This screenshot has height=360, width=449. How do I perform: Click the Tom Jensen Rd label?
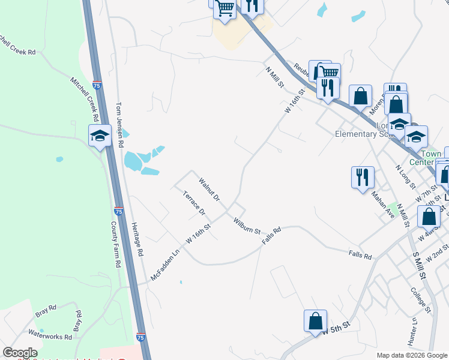click(119, 124)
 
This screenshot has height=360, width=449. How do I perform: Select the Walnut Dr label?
click(209, 189)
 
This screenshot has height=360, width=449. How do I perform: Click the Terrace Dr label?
click(194, 203)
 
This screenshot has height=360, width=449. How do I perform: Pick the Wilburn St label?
click(247, 226)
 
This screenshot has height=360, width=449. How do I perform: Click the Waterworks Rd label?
click(50, 336)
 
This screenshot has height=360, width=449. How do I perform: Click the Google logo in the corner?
click(20, 353)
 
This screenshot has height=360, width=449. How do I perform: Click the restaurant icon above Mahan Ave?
click(363, 177)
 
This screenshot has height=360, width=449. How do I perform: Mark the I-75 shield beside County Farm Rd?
click(119, 212)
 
